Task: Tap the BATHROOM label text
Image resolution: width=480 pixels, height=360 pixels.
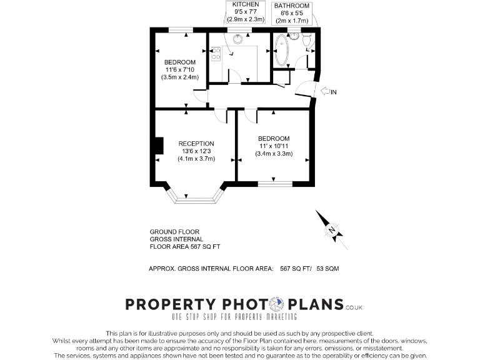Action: (291, 5)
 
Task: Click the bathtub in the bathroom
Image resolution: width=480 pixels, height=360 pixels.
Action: (280, 51)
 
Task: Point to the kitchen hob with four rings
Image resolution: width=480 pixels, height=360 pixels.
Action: (216, 53)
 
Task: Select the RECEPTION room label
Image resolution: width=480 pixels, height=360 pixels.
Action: (196, 143)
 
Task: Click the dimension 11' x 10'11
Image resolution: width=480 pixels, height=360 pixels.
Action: (274, 146)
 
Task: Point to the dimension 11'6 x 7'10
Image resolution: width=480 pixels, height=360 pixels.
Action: (181, 70)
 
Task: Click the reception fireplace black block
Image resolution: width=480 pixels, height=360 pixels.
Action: (158, 145)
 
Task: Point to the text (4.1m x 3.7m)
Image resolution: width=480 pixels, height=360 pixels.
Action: (196, 159)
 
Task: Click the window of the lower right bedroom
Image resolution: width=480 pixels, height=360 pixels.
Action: (275, 183)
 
